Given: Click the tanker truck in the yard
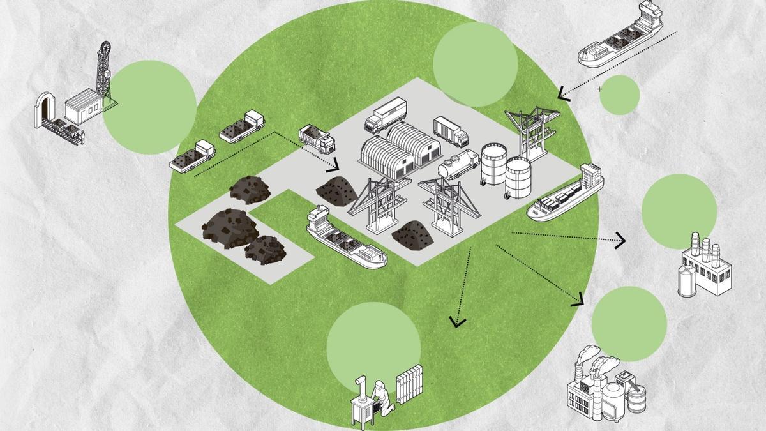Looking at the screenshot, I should pyautogui.click(x=458, y=165).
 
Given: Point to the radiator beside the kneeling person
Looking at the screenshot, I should pyautogui.click(x=409, y=384).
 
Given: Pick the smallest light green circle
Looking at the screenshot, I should pyautogui.click(x=619, y=95).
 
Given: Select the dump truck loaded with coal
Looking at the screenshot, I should pyautogui.click(x=316, y=139).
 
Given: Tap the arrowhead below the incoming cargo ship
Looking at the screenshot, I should pyautogui.click(x=563, y=95).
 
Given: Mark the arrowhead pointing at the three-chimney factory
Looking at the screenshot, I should pyautogui.click(x=620, y=242).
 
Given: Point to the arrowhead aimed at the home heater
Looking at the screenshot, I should pyautogui.click(x=456, y=321).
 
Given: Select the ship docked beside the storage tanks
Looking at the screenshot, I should pyautogui.click(x=565, y=195).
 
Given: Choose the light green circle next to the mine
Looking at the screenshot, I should pyautogui.click(x=149, y=107).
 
